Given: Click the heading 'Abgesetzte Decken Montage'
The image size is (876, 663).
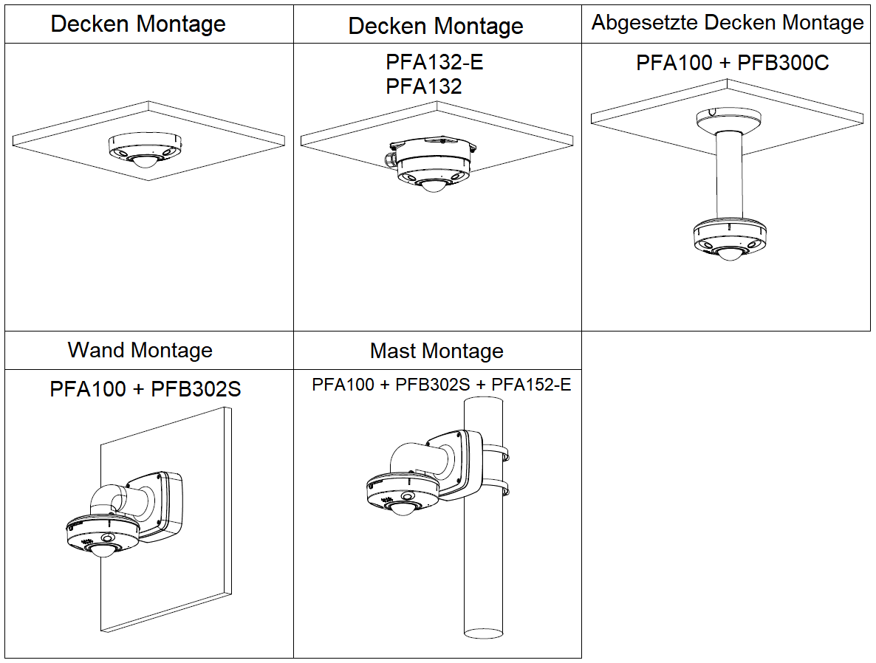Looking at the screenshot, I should click(x=727, y=23).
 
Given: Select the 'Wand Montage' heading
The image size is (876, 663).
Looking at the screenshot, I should click(x=140, y=350).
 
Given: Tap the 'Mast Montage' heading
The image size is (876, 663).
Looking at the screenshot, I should click(x=437, y=351).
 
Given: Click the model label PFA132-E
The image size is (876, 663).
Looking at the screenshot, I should click(x=434, y=62).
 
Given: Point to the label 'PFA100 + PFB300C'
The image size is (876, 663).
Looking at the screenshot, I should click(x=732, y=63).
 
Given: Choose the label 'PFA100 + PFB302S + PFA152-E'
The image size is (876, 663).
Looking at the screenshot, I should click(x=441, y=385).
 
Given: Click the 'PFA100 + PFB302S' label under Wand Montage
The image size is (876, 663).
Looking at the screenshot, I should click(x=145, y=388).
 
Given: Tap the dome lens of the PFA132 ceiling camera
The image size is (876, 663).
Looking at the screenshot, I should click(x=431, y=185).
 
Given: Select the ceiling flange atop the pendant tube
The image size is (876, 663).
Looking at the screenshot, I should click(x=727, y=120).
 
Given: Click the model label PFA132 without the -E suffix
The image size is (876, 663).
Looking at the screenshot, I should click(x=423, y=86).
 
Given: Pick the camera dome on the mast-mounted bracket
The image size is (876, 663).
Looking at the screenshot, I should click(x=405, y=507).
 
